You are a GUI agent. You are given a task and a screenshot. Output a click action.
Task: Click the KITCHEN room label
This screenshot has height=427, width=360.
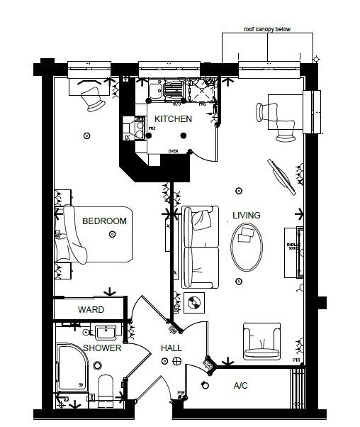click(x=173, y=119)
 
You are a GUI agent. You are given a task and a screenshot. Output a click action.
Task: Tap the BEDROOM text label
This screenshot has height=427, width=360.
click(x=104, y=221)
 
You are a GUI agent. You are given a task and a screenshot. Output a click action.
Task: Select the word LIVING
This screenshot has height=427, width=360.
click(x=246, y=215)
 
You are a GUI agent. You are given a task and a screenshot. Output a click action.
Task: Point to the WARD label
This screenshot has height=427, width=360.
click(x=91, y=310)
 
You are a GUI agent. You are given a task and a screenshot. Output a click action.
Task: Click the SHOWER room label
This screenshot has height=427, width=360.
click(x=102, y=348)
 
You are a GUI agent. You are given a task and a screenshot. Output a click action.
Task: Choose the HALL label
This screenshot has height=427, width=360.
click(x=171, y=348)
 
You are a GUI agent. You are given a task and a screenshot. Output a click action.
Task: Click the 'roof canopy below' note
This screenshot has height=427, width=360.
click(x=267, y=30)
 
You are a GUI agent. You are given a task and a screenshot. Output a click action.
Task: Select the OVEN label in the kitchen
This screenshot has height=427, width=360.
click(x=174, y=151)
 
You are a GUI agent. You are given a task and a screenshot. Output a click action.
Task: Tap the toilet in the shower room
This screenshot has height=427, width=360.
click(x=106, y=387)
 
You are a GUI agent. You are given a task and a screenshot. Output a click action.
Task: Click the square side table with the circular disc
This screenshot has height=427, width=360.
click(x=193, y=304)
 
